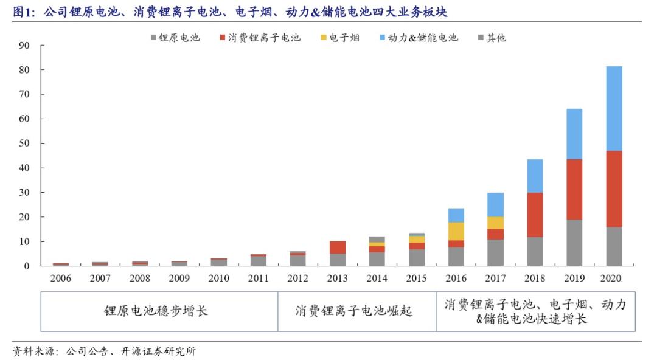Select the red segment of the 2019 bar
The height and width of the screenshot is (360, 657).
pyautogui.click(x=574, y=189)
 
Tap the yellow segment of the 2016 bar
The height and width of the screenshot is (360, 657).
pyautogui.click(x=456, y=231)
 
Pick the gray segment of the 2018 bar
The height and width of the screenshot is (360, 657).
pyautogui.click(x=535, y=251)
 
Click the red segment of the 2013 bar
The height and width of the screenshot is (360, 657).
pyautogui.click(x=338, y=247)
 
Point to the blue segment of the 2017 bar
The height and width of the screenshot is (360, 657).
pyautogui.click(x=495, y=204)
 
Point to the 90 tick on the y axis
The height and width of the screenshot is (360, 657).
pyautogui.click(x=24, y=46)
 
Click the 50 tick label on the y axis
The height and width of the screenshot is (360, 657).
pyautogui.click(x=24, y=144)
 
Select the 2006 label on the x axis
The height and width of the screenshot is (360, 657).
pyautogui.click(x=61, y=279)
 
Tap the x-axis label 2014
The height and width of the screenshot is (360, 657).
pyautogui.click(x=377, y=279)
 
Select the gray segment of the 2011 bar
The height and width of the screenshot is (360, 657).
pyautogui.click(x=259, y=261)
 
